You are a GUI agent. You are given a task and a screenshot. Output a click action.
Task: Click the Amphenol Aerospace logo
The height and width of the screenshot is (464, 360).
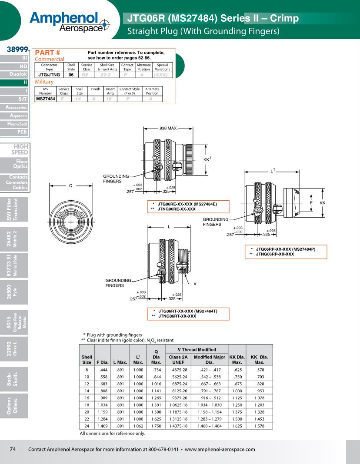click(70, 20)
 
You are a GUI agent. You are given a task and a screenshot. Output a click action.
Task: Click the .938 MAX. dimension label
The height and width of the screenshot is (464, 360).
click(167, 129)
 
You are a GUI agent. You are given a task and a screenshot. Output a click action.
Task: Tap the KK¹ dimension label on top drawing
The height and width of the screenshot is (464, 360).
click(207, 159)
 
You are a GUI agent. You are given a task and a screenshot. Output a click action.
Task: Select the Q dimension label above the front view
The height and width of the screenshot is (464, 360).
click(70, 186)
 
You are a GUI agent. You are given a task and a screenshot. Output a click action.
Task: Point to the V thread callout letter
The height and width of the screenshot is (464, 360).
click(195, 284)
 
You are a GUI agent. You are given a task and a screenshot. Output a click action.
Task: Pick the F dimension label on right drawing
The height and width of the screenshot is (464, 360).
click(311, 203)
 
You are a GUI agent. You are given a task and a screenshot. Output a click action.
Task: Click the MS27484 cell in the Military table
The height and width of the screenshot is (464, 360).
click(46, 99)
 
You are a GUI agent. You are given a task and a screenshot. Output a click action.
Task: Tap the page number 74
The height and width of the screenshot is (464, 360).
click(13, 449)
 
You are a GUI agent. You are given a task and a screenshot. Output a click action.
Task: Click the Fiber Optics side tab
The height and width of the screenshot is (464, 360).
click(20, 164)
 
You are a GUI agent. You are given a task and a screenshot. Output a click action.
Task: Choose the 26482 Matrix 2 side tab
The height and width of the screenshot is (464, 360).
click(14, 239)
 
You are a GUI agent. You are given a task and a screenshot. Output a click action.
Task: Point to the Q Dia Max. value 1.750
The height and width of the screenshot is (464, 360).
click(156, 426)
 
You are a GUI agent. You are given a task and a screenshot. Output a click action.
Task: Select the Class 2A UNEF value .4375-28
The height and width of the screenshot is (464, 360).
click(178, 370)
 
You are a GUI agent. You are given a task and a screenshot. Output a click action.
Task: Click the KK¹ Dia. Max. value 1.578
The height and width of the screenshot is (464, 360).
click(259, 426)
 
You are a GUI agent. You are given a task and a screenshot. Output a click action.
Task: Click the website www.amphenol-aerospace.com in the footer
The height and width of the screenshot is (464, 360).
click(220, 449)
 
